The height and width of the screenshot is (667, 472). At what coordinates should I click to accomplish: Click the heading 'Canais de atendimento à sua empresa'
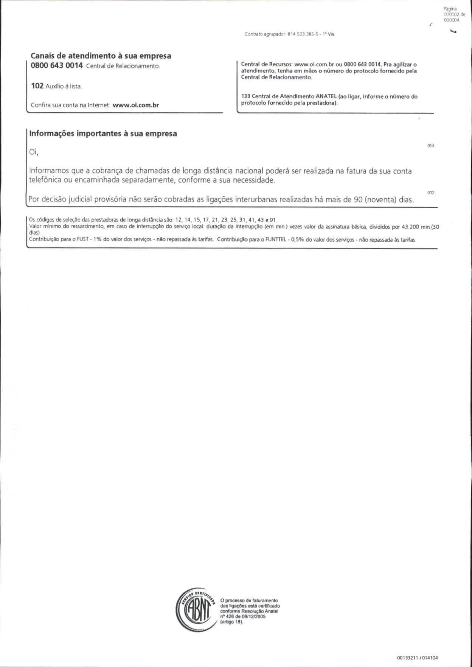tap(101, 56)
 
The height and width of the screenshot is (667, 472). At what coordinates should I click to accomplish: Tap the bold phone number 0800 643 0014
tap(57, 65)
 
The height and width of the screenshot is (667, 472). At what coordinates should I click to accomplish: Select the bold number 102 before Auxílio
tap(37, 86)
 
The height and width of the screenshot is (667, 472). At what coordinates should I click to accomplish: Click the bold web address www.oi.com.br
tap(136, 105)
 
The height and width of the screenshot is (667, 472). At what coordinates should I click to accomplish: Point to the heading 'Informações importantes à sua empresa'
tap(103, 133)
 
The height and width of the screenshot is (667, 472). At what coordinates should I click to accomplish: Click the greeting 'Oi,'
tap(34, 152)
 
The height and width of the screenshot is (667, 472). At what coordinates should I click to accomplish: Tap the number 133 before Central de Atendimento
tap(245, 96)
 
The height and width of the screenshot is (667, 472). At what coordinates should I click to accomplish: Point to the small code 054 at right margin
tap(430, 146)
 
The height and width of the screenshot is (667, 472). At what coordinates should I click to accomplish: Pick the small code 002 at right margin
tap(430, 193)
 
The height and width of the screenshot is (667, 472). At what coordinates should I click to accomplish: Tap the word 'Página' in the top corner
tap(450, 9)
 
